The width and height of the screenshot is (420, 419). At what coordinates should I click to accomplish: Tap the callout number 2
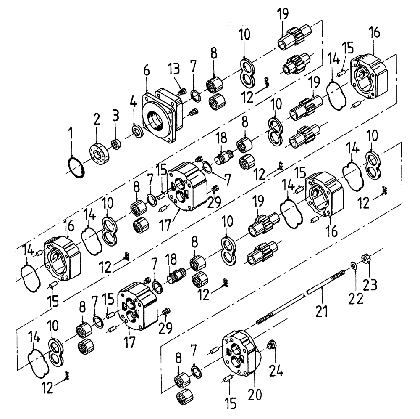pyautogui.click(x=97, y=120)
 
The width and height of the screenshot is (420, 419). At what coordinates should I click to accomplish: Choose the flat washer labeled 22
pyautogui.click(x=354, y=264)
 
